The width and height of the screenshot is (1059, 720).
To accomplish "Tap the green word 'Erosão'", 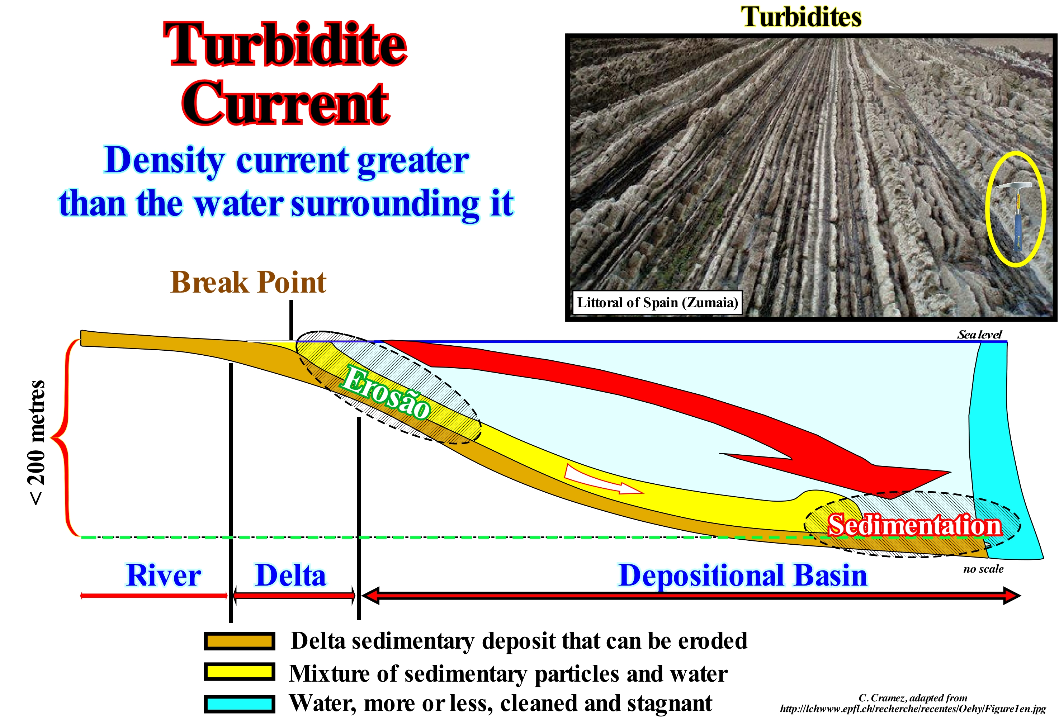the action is (x=386, y=392).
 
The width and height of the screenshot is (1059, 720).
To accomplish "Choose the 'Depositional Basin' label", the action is (x=743, y=575).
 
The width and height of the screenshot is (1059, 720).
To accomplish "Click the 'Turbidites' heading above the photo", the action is (x=801, y=17).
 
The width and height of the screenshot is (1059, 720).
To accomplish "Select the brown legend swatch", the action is (x=239, y=641).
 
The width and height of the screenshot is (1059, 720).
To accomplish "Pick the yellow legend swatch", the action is (x=239, y=672).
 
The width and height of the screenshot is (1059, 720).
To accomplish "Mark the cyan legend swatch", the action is (x=239, y=704).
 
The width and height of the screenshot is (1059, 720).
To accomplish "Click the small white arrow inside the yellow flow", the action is (x=603, y=479).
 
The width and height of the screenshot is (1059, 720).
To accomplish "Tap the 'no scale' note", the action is (x=983, y=569).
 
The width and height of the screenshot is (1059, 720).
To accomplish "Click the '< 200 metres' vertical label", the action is (x=37, y=442).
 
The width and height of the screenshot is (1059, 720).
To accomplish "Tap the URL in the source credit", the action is (x=913, y=709).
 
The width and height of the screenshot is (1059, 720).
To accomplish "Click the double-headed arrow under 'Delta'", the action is (x=294, y=595).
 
